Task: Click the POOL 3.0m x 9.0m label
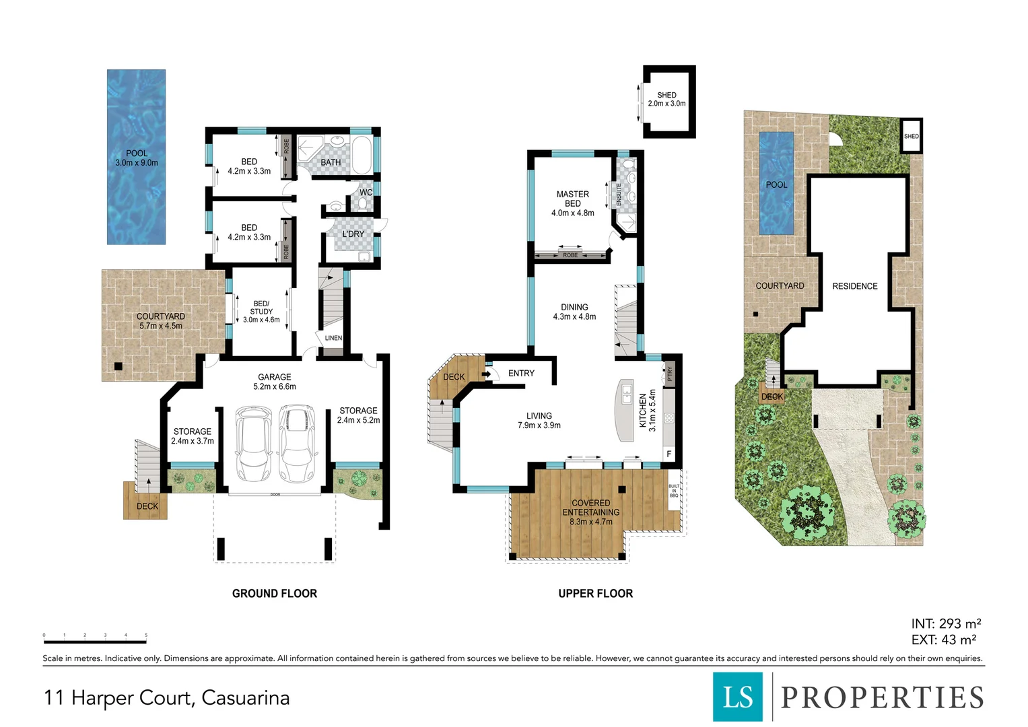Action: click(x=137, y=158)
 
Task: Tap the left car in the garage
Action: click(x=253, y=444)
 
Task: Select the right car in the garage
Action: click(x=297, y=444)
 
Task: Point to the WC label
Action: click(x=366, y=193)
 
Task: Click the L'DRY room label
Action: click(x=353, y=234)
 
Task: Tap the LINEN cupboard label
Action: click(x=333, y=338)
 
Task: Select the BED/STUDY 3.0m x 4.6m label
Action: click(x=261, y=312)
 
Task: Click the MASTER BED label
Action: click(x=573, y=203)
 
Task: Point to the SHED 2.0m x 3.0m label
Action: click(x=666, y=100)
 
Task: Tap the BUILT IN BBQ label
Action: click(x=674, y=491)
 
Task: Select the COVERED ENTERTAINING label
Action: click(x=591, y=512)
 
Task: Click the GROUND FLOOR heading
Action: click(x=275, y=594)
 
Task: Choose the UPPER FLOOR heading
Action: click(x=596, y=594)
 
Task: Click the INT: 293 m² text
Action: click(x=946, y=624)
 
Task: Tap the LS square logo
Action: click(x=738, y=697)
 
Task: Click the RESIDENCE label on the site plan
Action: click(x=855, y=286)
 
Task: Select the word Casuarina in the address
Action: click(x=246, y=698)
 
